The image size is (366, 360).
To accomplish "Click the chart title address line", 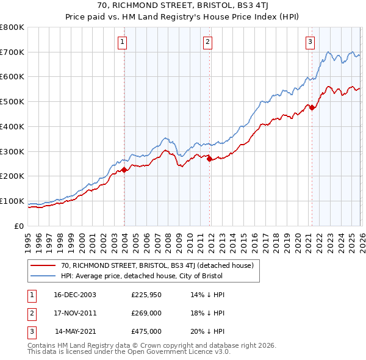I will tap(183, 7).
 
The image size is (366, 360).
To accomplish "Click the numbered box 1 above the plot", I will tap(123, 41).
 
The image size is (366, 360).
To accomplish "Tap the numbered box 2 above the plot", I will tap(207, 41).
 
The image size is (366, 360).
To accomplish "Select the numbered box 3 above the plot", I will tap(310, 41).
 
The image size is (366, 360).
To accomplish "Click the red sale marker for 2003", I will tap(124, 170).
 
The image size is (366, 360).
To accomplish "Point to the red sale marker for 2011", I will tap(209, 159).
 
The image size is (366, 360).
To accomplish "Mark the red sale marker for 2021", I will tap(312, 108).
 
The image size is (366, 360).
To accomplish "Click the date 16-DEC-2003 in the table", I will tap(75, 295).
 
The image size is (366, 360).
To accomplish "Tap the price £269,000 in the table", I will tap(146, 313).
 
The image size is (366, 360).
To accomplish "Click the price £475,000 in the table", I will tap(146, 331).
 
